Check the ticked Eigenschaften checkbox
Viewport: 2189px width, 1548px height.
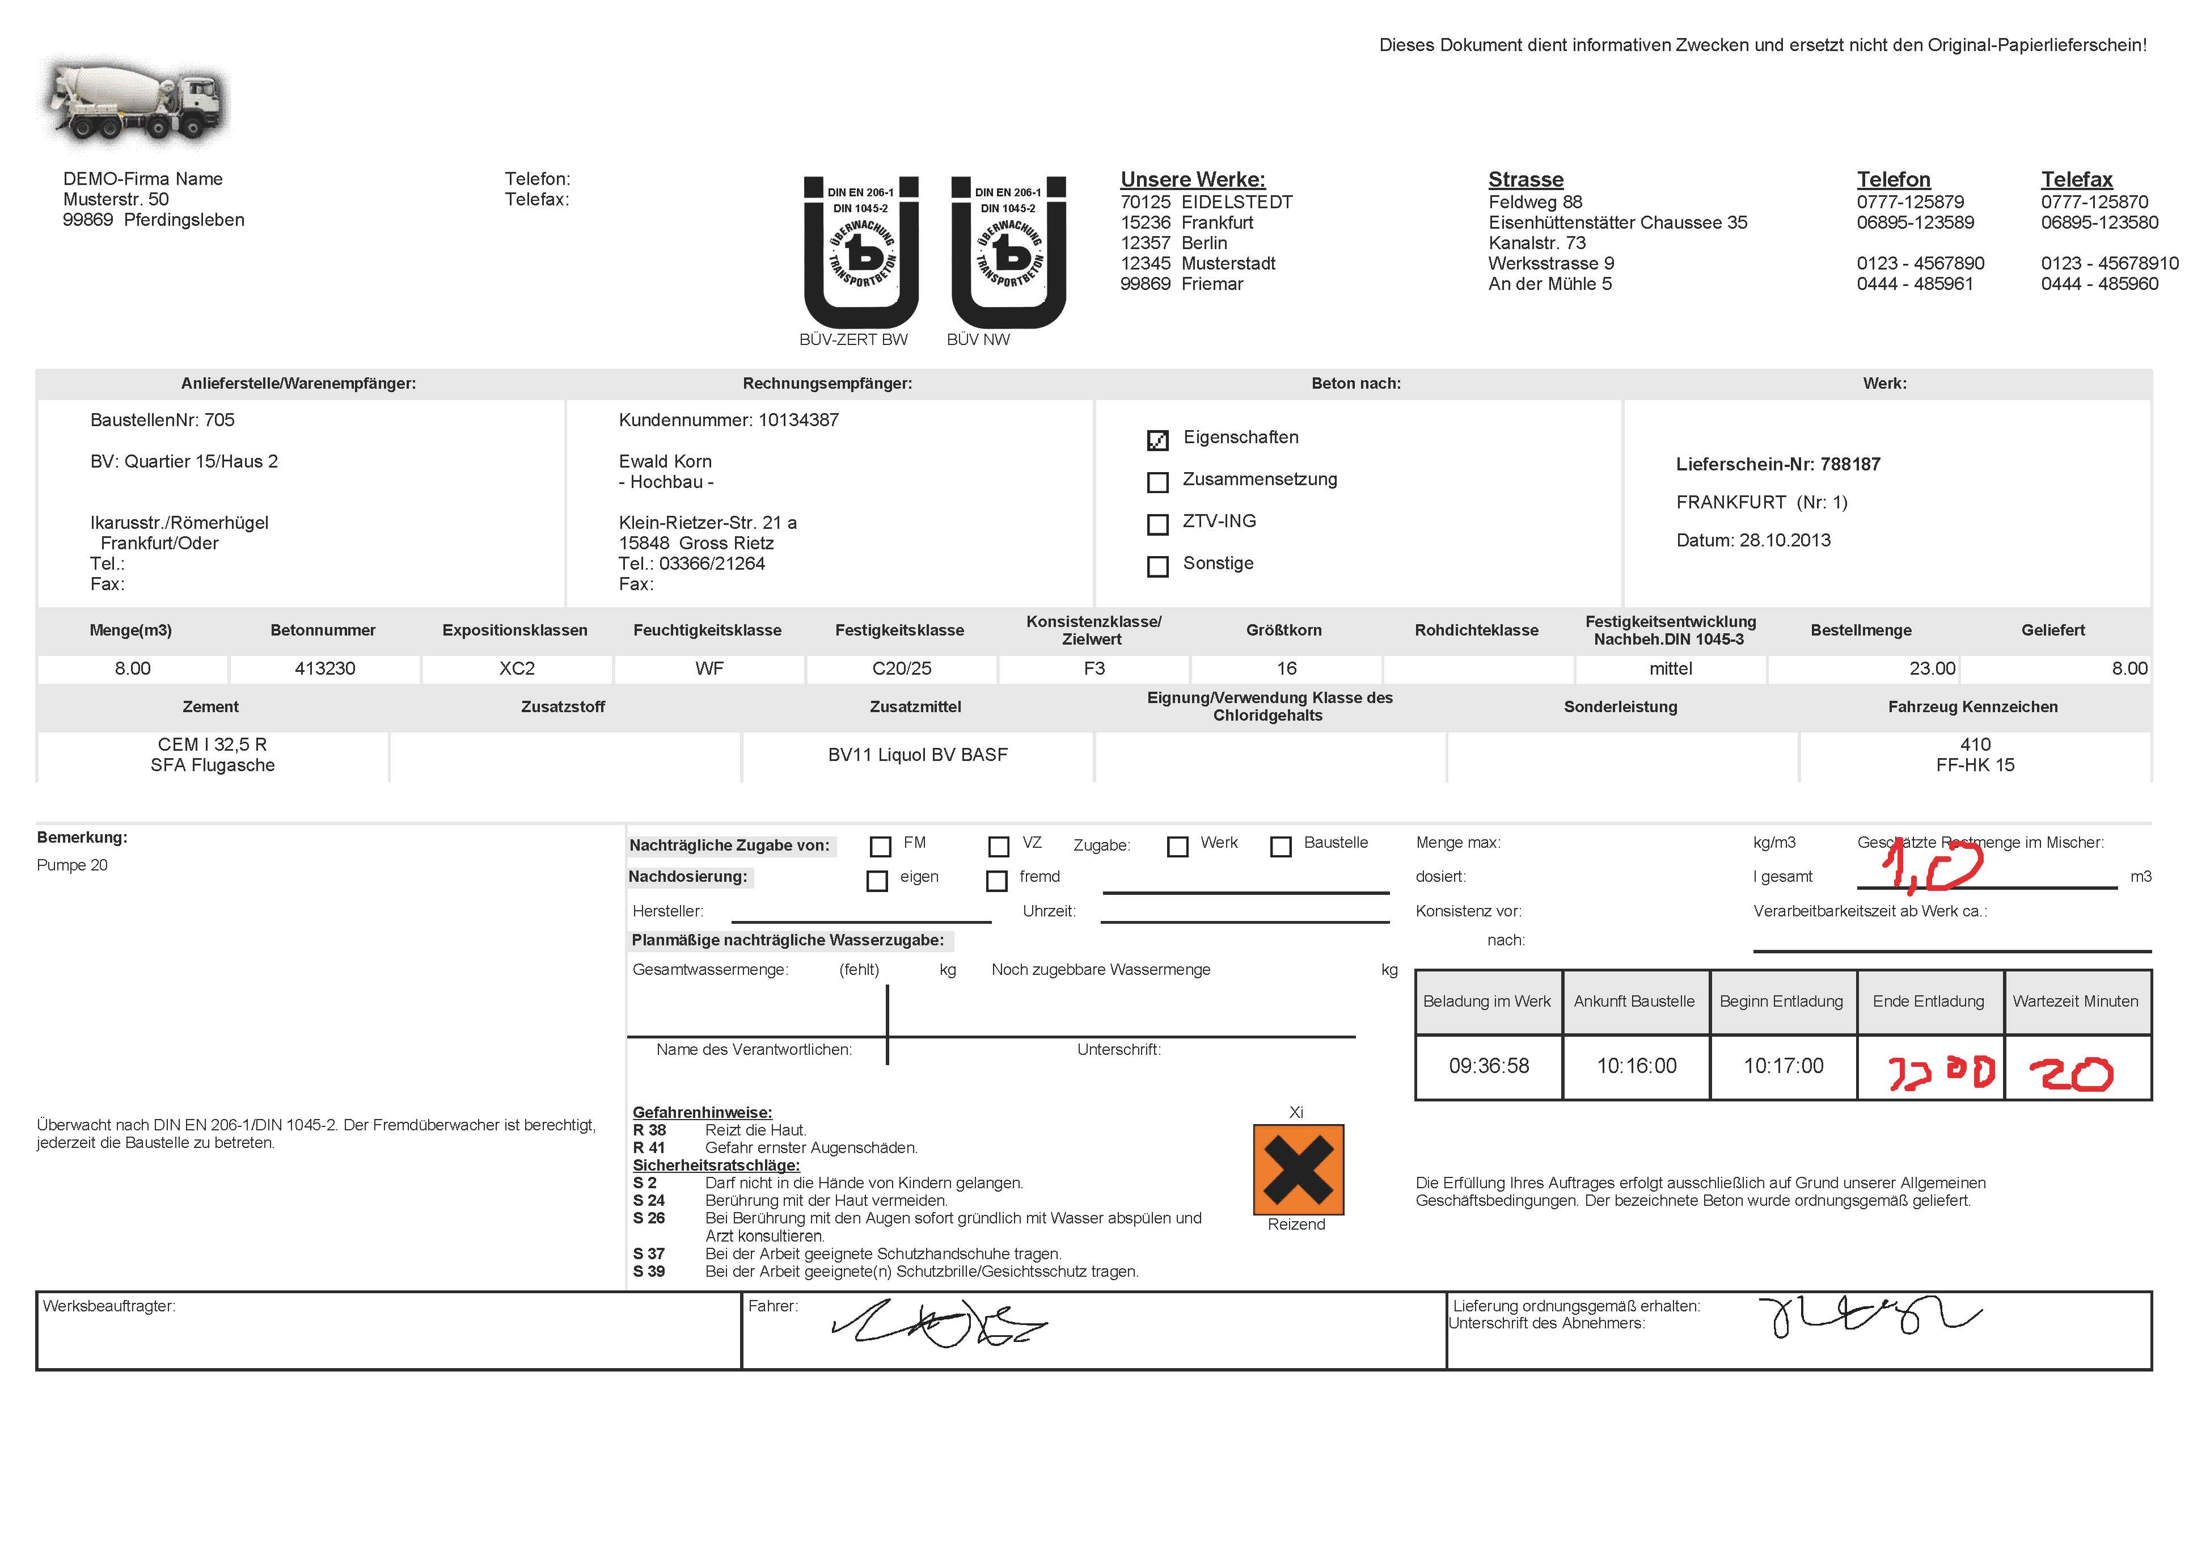coord(1157,440)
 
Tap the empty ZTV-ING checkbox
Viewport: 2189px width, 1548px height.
coord(1157,524)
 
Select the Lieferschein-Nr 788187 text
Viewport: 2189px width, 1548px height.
coord(1777,465)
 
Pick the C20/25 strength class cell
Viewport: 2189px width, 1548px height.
coord(901,668)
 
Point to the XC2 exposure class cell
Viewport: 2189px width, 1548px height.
coord(517,668)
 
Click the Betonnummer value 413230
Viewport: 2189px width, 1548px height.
coord(325,668)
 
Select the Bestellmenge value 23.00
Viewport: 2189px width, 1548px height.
coord(1932,668)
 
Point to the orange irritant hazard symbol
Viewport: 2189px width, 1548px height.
coord(1298,1170)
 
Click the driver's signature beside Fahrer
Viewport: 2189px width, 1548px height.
coord(939,1324)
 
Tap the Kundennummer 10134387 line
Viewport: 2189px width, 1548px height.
coord(728,420)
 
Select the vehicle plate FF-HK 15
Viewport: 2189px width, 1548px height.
coord(1975,765)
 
